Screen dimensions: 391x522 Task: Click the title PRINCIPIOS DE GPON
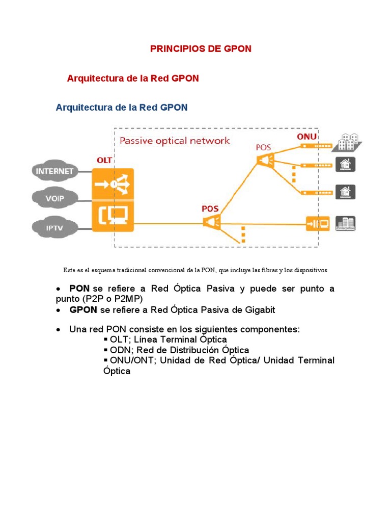pos(201,49)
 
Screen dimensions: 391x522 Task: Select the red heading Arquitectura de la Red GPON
pos(133,79)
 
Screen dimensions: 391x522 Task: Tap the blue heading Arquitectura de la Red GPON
pos(122,108)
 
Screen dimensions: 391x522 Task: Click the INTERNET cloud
pos(54,171)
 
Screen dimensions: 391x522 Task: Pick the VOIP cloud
pos(54,198)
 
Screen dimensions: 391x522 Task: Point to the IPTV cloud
pos(54,228)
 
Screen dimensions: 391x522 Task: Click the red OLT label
pos(104,160)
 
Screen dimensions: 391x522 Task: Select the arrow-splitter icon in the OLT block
pos(113,184)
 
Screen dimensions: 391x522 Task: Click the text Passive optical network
pos(175,141)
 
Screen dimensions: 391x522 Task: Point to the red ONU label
pos(306,137)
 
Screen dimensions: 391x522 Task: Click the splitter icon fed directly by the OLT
pos(211,222)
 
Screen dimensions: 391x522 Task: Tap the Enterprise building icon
pos(346,223)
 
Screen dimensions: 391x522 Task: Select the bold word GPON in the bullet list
pos(83,310)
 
